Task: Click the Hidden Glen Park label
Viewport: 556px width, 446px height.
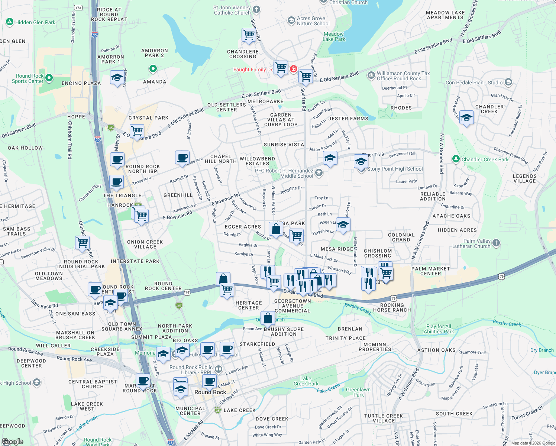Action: click(35, 22)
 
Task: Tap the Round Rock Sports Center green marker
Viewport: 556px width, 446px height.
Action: click(49, 78)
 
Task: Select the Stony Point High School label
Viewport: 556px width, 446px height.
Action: click(395, 169)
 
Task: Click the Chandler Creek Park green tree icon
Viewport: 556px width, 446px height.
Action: click(456, 159)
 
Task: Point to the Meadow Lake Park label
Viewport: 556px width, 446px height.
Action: click(334, 36)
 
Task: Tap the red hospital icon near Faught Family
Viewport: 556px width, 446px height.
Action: click(293, 69)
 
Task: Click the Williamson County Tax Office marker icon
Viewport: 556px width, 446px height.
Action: click(371, 75)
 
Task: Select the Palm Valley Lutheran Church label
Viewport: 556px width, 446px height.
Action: click(471, 243)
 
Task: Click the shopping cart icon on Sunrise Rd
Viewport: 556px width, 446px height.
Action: click(248, 35)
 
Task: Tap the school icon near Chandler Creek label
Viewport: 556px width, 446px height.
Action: click(466, 118)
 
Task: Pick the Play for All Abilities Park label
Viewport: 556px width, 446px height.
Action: click(439, 329)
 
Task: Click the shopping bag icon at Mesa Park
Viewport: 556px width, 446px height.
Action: click(276, 229)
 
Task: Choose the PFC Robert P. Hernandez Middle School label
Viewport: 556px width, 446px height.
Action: click(284, 173)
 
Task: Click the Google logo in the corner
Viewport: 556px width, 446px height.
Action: click(13, 442)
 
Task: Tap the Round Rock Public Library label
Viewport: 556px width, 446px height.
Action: click(191, 370)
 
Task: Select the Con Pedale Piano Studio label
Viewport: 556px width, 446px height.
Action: click(474, 83)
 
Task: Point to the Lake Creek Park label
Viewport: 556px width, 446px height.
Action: click(306, 381)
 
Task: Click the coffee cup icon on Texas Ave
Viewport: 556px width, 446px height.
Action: click(182, 158)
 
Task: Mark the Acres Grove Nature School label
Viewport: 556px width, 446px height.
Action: click(313, 21)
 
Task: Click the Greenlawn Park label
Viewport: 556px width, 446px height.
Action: click(358, 392)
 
